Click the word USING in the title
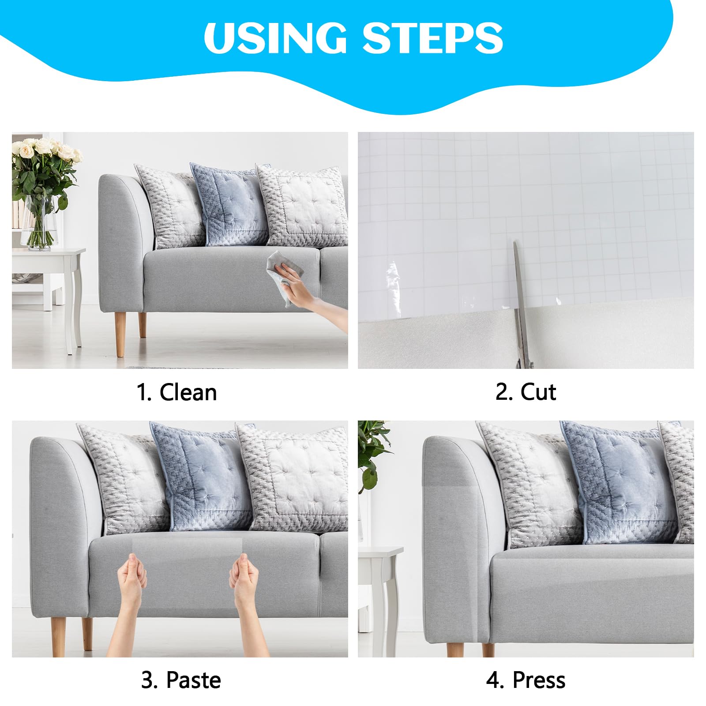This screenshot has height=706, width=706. [275, 38]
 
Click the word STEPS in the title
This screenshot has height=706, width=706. [432, 38]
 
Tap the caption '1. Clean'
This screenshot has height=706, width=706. [176, 392]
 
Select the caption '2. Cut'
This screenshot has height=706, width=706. [526, 392]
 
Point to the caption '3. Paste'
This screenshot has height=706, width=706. [181, 680]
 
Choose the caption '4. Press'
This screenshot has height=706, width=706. [526, 680]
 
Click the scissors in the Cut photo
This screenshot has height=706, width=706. [521, 304]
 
